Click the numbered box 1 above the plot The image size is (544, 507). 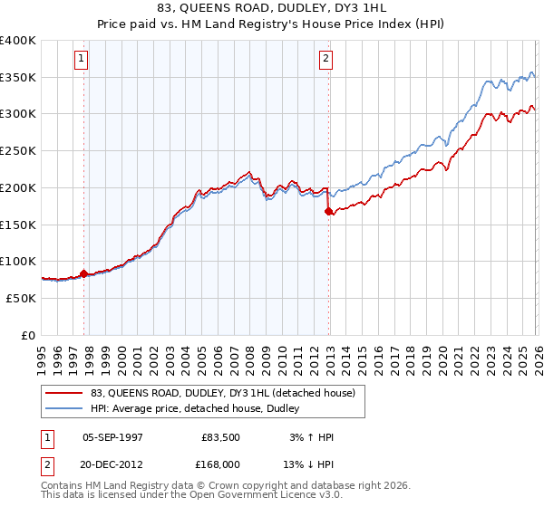click(82, 60)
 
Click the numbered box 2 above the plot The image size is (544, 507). click(325, 60)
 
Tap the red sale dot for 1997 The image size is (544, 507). click(84, 273)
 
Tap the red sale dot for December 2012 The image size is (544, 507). click(328, 211)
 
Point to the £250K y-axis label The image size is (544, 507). click(17, 150)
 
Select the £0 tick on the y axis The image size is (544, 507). click(29, 335)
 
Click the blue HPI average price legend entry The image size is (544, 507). click(200, 408)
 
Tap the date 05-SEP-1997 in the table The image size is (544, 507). click(112, 437)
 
